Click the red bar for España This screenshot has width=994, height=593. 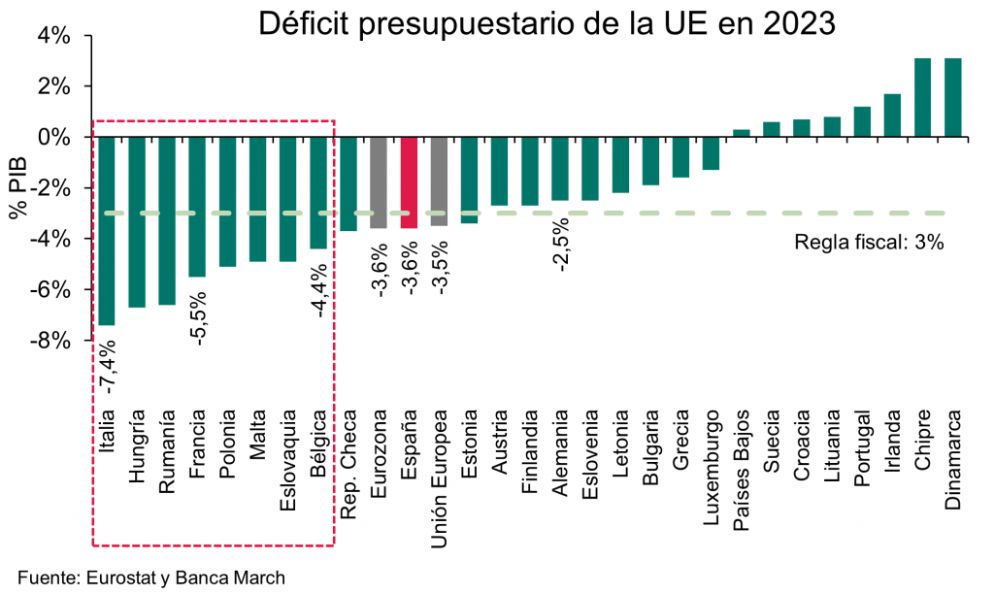(x=409, y=182)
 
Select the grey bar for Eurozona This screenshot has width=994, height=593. (x=379, y=182)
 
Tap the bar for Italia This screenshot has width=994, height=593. (x=107, y=231)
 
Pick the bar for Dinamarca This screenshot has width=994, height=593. (x=953, y=98)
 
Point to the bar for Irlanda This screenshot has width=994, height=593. (x=893, y=115)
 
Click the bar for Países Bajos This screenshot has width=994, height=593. (x=741, y=133)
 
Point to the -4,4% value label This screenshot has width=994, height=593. (x=318, y=291)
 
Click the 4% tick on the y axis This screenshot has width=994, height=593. (x=54, y=36)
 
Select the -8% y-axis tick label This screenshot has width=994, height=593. (x=50, y=341)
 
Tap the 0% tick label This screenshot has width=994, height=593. (x=54, y=137)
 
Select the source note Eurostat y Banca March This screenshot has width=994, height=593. (x=151, y=577)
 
